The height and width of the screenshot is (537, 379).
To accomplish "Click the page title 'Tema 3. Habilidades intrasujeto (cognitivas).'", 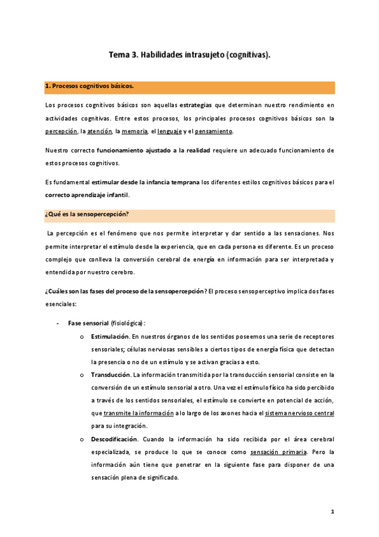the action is tap(190, 55).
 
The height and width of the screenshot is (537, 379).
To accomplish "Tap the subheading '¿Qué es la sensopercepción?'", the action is tap(87, 214).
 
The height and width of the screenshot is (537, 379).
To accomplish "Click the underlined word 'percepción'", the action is tap(61, 131).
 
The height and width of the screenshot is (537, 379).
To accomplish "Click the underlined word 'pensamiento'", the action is tap(214, 131).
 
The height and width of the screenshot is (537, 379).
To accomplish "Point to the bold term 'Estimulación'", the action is tap(112, 336).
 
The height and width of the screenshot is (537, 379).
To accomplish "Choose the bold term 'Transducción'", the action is tap(112, 375).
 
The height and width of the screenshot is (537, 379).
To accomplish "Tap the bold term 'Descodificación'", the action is tap(115, 439).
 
